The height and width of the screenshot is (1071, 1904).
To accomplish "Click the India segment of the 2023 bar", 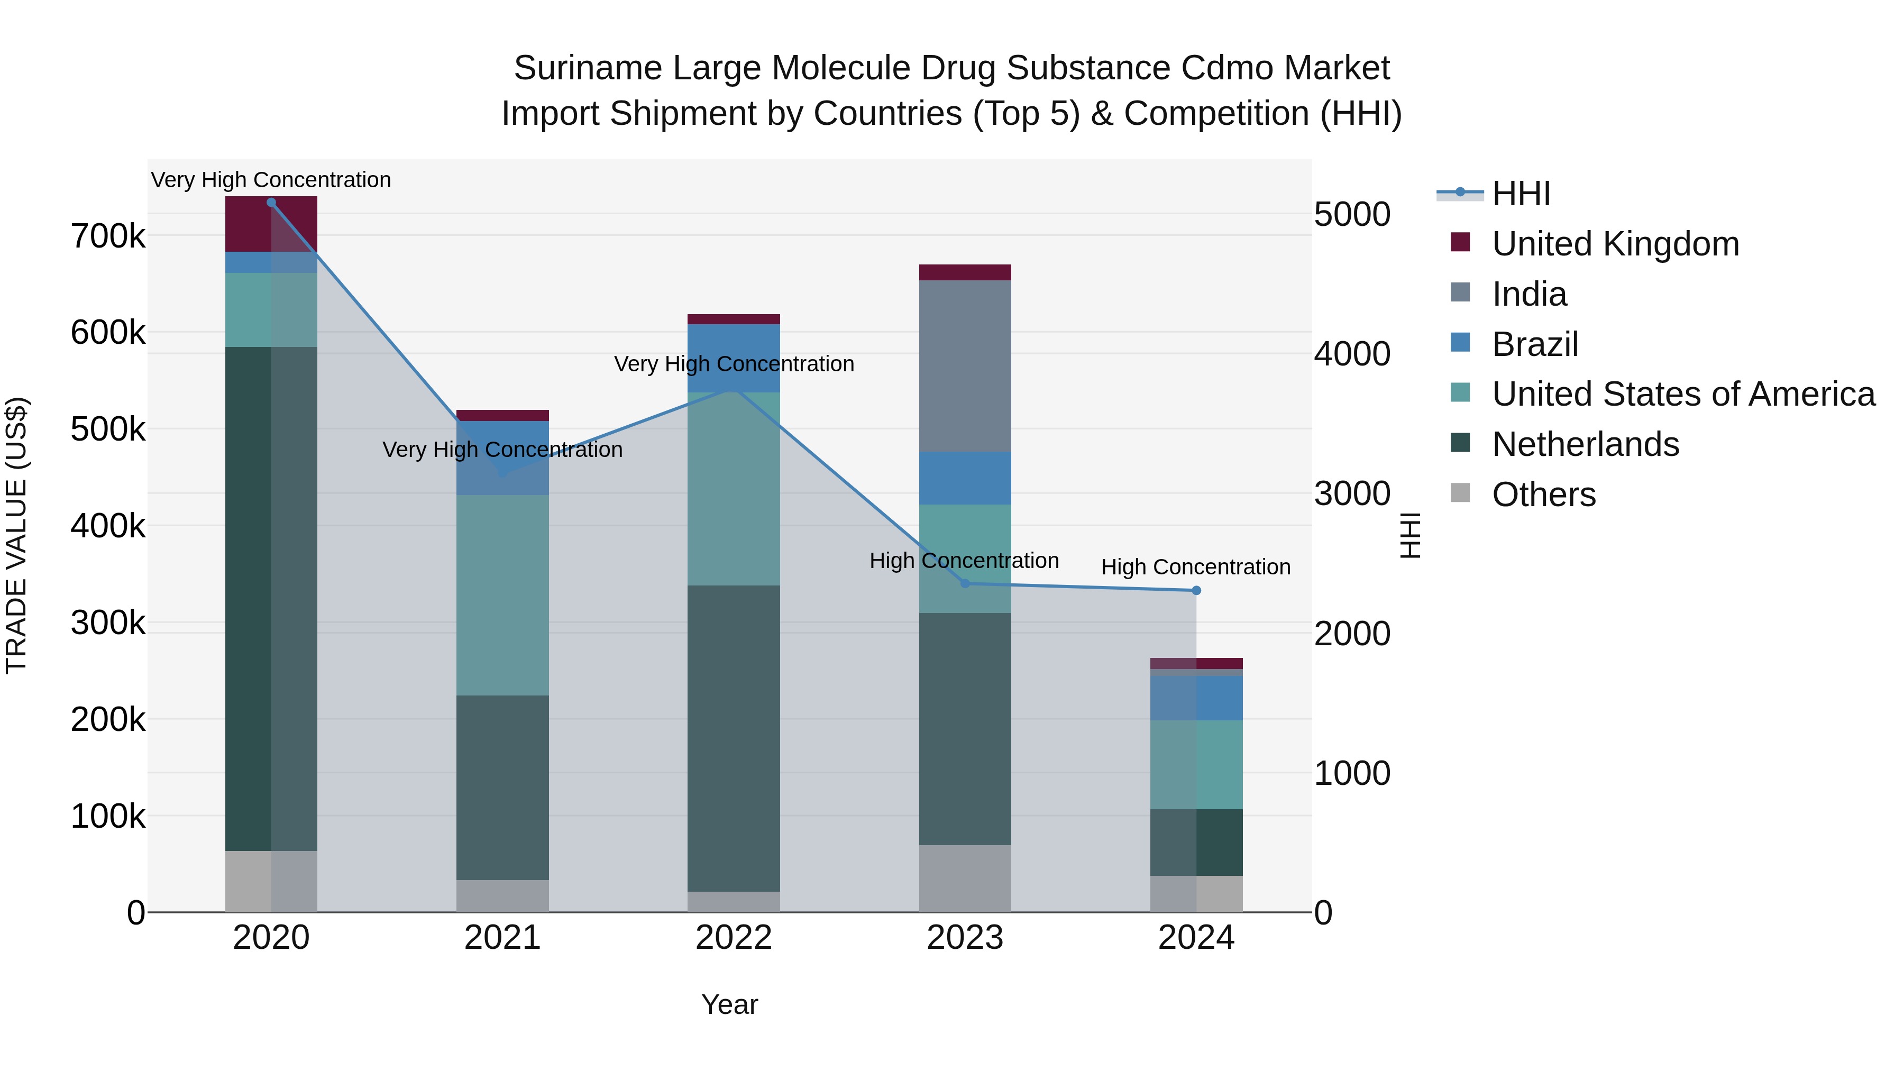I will (965, 366).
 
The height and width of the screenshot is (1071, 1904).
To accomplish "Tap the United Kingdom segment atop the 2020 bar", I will (270, 224).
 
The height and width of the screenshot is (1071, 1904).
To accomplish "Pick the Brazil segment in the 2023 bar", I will (965, 478).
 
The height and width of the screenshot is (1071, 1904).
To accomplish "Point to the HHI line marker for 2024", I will (1196, 590).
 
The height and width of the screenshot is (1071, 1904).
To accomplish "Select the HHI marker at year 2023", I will (965, 583).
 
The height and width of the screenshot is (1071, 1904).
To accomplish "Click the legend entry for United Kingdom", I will (1615, 244).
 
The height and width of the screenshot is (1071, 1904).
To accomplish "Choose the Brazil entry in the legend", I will (1535, 344).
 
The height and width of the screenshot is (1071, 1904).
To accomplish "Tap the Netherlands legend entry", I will (1586, 444).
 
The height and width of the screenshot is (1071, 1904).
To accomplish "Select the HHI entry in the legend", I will (1521, 194).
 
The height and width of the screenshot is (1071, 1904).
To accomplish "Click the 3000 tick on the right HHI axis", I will (1352, 494).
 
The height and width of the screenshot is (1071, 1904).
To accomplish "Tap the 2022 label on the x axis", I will (733, 938).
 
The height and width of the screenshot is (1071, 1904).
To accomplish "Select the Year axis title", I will (729, 1004).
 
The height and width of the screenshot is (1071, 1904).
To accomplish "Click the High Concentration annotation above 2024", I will (1195, 567).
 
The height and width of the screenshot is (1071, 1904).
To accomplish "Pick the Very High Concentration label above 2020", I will (270, 180).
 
